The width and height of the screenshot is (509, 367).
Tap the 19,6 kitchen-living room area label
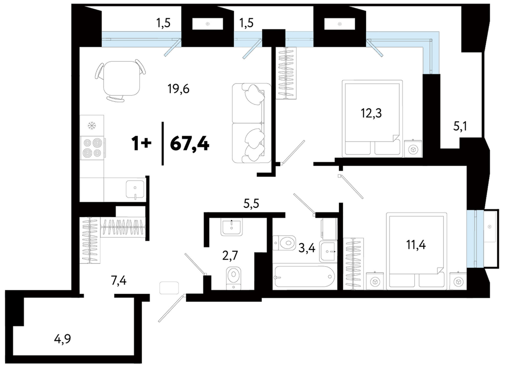tap(178, 89)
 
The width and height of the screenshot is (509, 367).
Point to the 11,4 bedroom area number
tap(416, 245)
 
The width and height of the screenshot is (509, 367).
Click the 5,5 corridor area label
tap(251, 204)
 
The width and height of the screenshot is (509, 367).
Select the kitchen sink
tap(135, 190)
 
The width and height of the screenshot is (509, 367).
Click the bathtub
tap(305, 277)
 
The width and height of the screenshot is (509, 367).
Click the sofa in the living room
tap(252, 123)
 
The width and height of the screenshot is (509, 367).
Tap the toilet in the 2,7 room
tap(234, 279)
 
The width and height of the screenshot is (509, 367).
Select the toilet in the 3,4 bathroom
tap(284, 243)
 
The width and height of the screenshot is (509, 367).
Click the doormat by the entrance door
tap(169, 288)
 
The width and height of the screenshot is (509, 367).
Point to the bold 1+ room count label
tap(141, 144)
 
